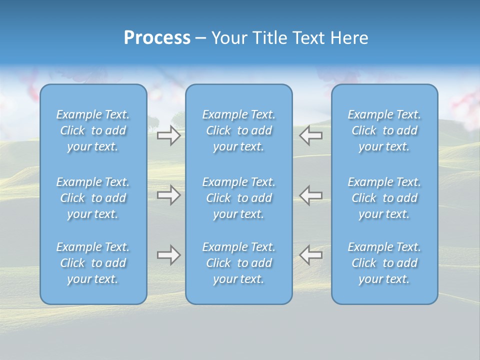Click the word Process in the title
coord(157,38)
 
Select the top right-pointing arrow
coord(168,135)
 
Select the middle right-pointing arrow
coord(168,195)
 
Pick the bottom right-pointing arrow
coord(168,255)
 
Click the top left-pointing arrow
coord(311,135)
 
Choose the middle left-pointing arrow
coord(311,195)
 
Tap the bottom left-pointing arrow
coord(311,255)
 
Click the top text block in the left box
coord(93,130)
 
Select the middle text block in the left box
coord(93,198)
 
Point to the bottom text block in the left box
coord(93,263)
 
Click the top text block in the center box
coord(238,130)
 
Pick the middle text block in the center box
coord(238,198)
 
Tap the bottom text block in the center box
coord(238,263)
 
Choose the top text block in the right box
coord(384,130)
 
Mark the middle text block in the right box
coord(384,198)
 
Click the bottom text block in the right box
coord(384,263)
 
